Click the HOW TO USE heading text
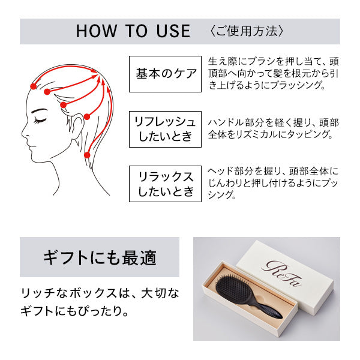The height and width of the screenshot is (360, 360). [133, 31]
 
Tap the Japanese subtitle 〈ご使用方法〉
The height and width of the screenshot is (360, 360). [247, 31]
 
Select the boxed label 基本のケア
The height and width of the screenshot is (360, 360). [165, 74]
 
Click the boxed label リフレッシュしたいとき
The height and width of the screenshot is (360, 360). [165, 129]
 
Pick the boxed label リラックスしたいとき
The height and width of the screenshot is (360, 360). [165, 184]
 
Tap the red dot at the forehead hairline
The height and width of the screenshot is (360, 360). [34, 86]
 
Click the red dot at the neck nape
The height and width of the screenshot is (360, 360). [87, 155]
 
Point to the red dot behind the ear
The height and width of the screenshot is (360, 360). [87, 116]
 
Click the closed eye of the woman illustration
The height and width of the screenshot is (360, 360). [40, 121]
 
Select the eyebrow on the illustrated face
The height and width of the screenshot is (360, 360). [39, 111]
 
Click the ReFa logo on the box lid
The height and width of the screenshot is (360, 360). [281, 273]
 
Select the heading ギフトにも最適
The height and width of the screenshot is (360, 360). [100, 257]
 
